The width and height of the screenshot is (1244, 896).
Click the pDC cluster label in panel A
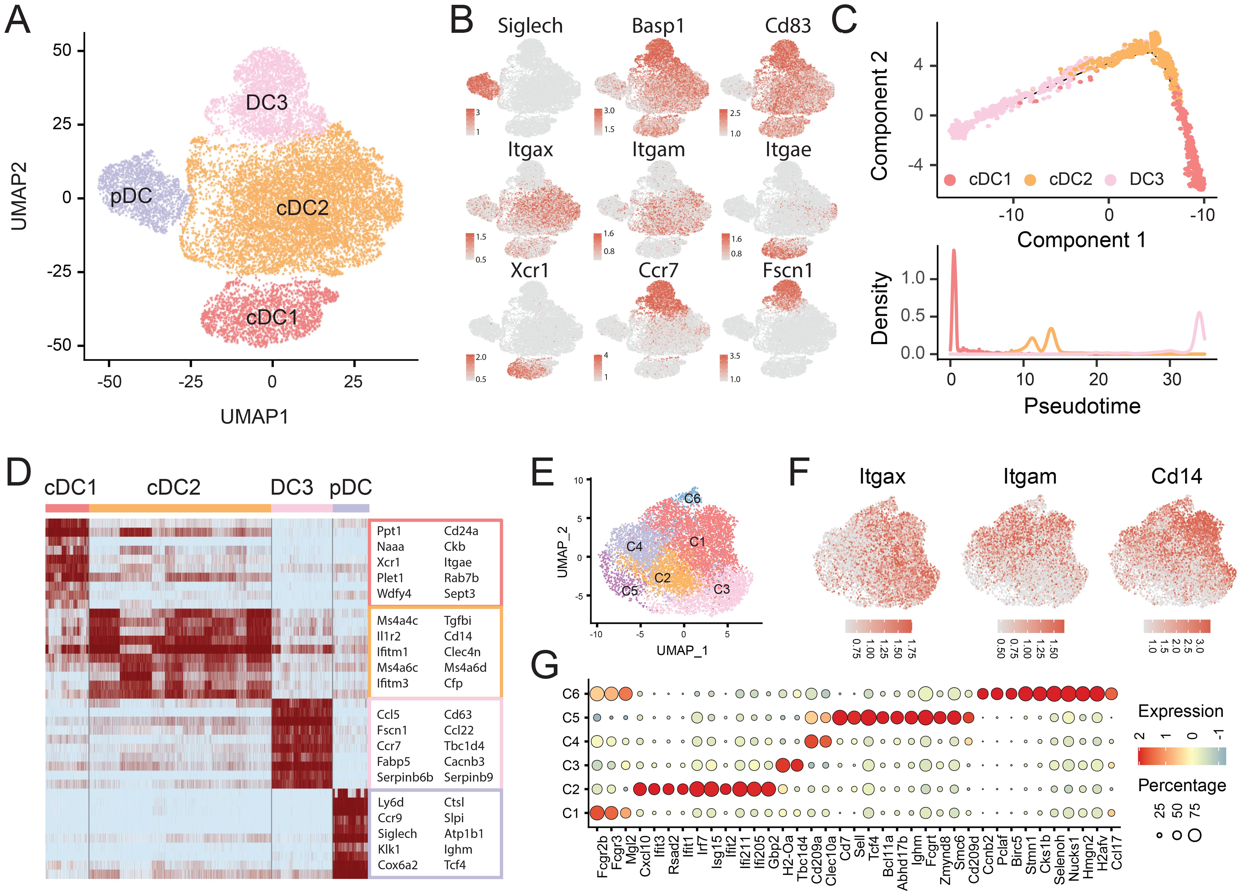[131, 196]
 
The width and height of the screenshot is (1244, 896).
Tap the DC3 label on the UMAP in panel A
[267, 103]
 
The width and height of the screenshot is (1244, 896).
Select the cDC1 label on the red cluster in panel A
[272, 317]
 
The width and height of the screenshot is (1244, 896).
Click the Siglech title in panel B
[530, 26]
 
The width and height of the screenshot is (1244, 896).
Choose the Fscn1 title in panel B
[788, 270]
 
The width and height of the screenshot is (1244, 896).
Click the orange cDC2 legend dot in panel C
[1030, 180]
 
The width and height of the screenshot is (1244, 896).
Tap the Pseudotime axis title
[1082, 406]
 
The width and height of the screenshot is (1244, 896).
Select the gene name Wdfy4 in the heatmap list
[394, 594]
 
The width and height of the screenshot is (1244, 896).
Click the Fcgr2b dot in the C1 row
[597, 813]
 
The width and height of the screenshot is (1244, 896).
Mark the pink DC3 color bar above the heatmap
[302, 508]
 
